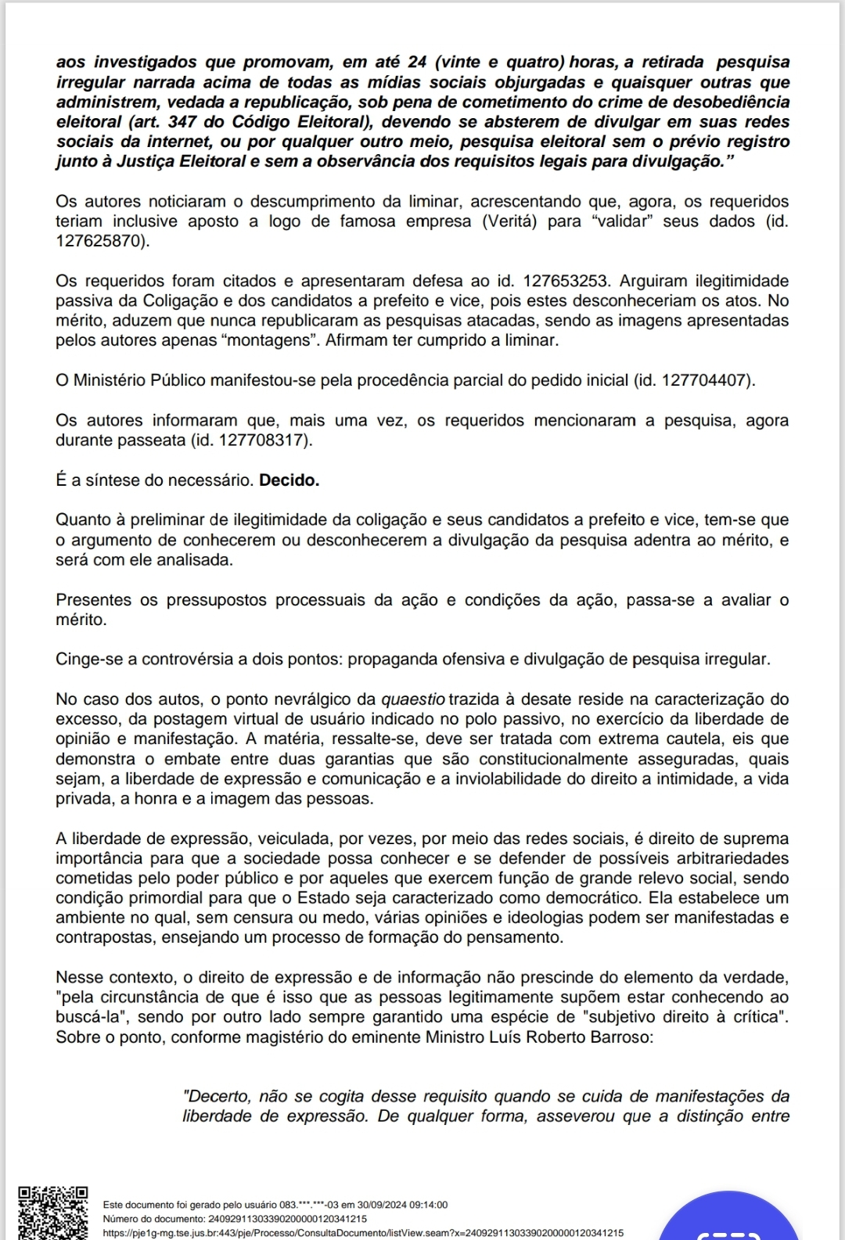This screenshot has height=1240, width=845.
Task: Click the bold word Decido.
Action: tap(289, 480)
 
